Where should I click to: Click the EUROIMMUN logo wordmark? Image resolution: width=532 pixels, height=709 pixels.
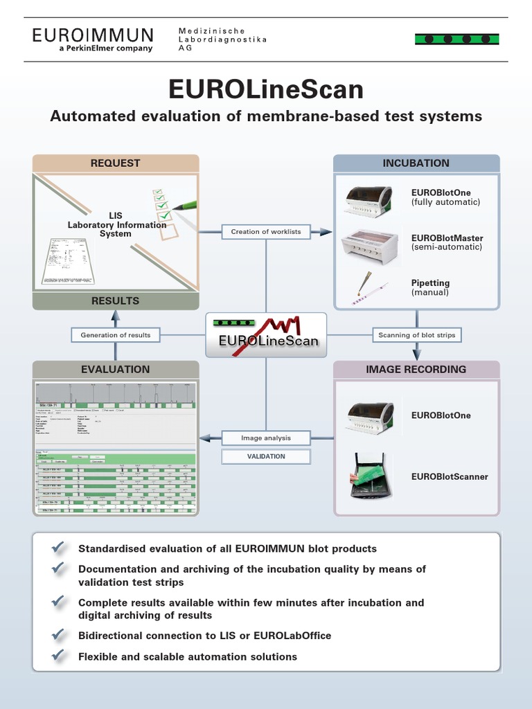click(92, 35)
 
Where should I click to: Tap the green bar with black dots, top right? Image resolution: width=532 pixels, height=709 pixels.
click(456, 39)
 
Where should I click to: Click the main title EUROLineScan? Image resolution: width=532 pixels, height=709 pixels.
click(265, 90)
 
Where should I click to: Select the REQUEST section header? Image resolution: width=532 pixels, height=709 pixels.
click(115, 163)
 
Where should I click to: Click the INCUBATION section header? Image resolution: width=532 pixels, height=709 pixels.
click(416, 163)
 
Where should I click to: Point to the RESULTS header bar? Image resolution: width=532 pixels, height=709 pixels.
click(115, 301)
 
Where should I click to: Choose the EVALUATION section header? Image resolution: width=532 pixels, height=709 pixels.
click(115, 370)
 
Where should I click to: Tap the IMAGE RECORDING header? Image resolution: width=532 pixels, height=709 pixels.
click(416, 370)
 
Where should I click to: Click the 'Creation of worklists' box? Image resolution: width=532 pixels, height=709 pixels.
click(266, 231)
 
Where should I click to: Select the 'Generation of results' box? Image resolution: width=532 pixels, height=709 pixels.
click(115, 335)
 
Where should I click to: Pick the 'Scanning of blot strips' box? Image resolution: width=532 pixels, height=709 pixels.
click(417, 335)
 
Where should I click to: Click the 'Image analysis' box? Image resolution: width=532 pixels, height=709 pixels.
click(266, 438)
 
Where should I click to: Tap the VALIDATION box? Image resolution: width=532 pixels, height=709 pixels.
click(266, 456)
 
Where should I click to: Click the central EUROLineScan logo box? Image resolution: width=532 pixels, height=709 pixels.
click(266, 335)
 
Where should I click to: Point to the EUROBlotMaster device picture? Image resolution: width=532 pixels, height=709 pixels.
click(369, 242)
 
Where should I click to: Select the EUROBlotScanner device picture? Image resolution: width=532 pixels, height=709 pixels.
click(369, 475)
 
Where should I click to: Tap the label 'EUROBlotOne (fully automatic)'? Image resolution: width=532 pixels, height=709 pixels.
click(445, 197)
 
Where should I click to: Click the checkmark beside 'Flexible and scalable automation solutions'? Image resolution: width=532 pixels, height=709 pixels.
click(60, 656)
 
